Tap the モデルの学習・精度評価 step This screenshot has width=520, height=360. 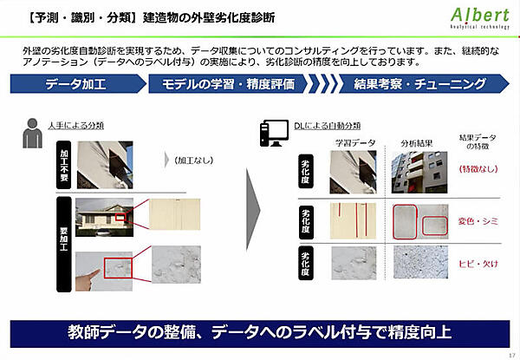click(228, 84)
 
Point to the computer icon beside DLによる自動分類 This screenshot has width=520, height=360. click(271, 132)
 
